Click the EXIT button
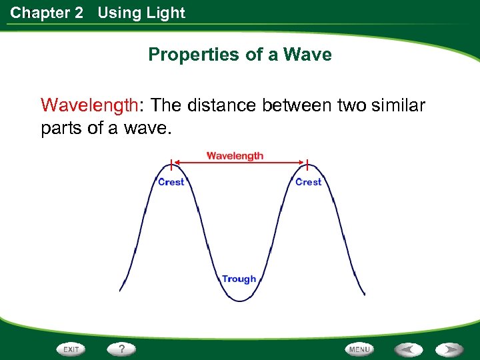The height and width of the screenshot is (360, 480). click(71, 349)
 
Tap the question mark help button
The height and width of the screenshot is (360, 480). click(121, 349)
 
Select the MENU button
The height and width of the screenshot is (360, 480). click(359, 349)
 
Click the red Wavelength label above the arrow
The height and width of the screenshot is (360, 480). click(235, 156)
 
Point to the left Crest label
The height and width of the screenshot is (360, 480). click(171, 182)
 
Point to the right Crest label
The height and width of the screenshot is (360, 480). click(308, 182)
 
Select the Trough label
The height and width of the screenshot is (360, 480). click(239, 279)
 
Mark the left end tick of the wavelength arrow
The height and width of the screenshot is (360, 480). click(171, 163)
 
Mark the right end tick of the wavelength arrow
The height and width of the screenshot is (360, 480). click(307, 163)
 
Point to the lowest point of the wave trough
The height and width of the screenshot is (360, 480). click(239, 301)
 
